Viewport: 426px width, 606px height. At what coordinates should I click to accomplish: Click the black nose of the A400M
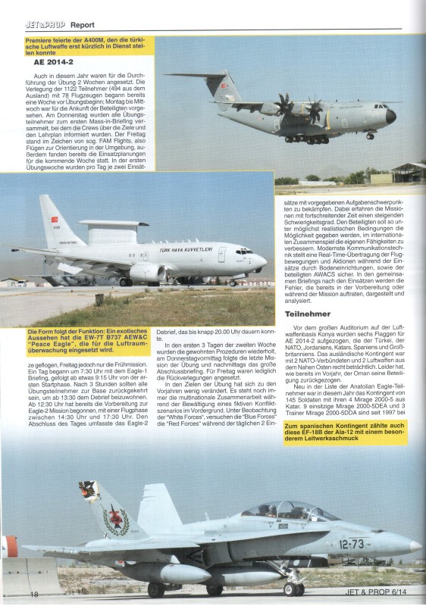coord(391,116)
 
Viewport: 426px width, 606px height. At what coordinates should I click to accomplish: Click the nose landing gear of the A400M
coord(369,136)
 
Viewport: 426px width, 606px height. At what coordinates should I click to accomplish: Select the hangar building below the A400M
coord(408,172)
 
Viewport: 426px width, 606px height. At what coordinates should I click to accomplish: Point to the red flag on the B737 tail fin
coord(55,219)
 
